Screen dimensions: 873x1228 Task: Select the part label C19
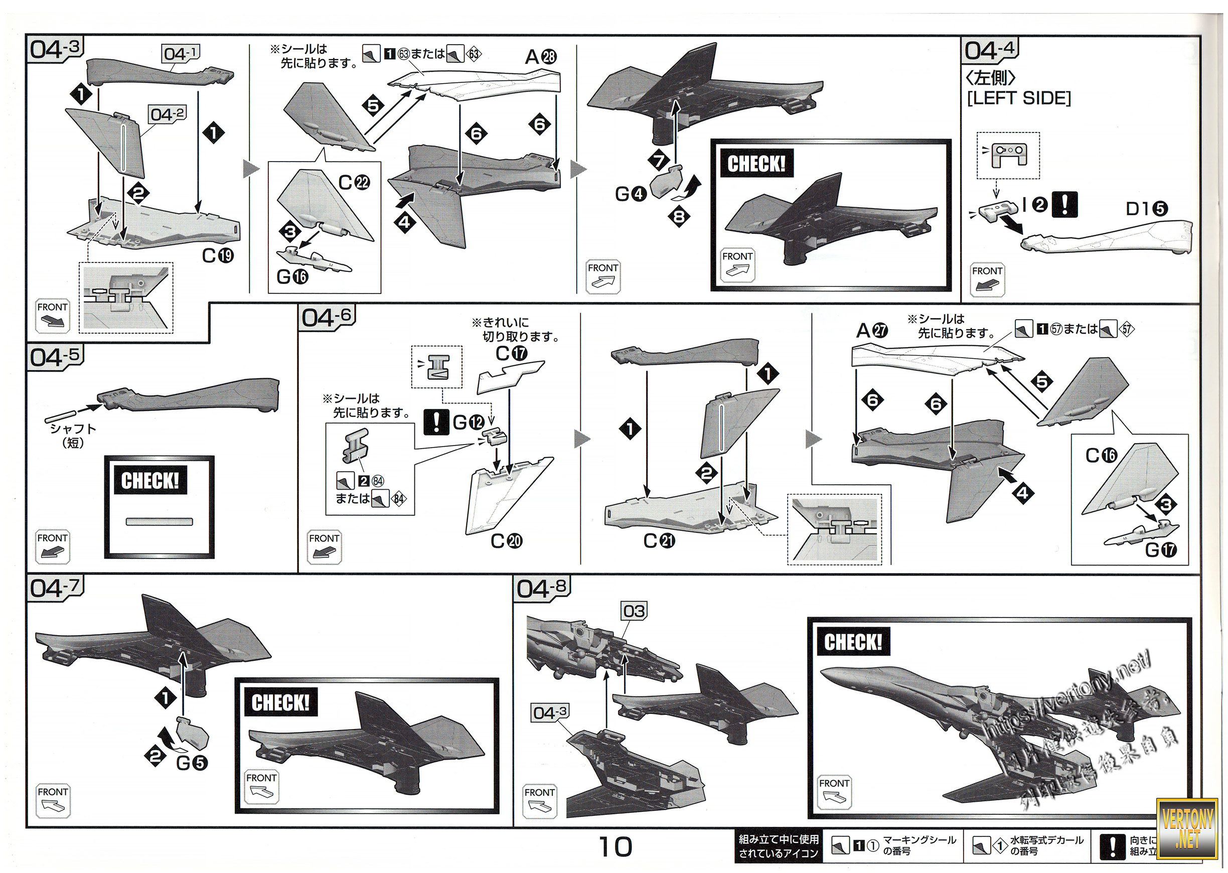pyautogui.click(x=218, y=255)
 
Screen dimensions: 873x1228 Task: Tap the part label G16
pyautogui.click(x=292, y=277)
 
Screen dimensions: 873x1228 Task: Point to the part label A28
pyautogui.click(x=541, y=56)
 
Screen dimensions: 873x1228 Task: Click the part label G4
pyautogui.click(x=631, y=194)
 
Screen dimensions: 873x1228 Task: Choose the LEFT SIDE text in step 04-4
pyautogui.click(x=1019, y=98)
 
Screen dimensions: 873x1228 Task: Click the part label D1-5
pyautogui.click(x=1146, y=209)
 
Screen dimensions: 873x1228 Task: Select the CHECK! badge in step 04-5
pyautogui.click(x=150, y=480)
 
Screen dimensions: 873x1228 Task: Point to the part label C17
pyautogui.click(x=512, y=353)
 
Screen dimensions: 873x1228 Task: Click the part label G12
pyautogui.click(x=468, y=422)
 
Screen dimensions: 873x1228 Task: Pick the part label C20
pyautogui.click(x=506, y=540)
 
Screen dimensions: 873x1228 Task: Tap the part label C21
pyautogui.click(x=659, y=540)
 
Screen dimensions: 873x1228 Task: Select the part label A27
pyautogui.click(x=872, y=330)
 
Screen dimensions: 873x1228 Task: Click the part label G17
pyautogui.click(x=1161, y=549)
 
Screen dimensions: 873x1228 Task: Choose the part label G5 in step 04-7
pyautogui.click(x=192, y=762)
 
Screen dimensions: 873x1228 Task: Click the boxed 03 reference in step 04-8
pyautogui.click(x=634, y=611)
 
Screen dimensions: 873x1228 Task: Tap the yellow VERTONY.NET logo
pyautogui.click(x=1187, y=828)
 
